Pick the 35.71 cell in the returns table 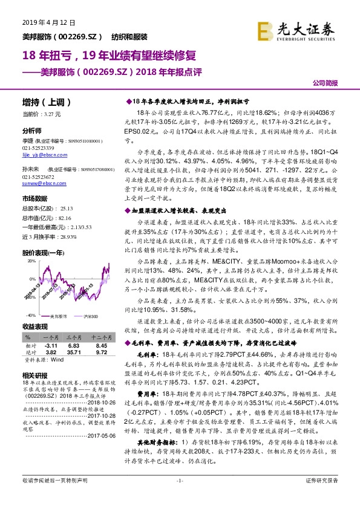pyautogui.click(x=74, y=351)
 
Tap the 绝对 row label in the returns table pyautogui.click(x=28, y=351)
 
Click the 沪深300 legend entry pyautogui.click(x=90, y=316)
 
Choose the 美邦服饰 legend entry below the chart pyautogui.click(x=59, y=316)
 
